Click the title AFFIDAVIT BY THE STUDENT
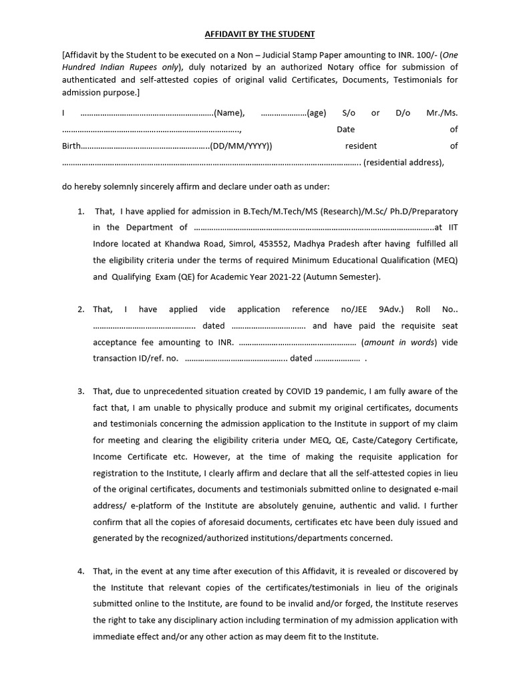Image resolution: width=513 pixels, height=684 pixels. pyautogui.click(x=256, y=33)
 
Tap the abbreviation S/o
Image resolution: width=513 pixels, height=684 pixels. pyautogui.click(x=349, y=113)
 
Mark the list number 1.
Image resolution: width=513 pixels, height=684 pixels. pyautogui.click(x=81, y=212)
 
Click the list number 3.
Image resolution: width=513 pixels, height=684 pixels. pyautogui.click(x=81, y=391)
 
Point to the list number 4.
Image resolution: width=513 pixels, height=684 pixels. pyautogui.click(x=81, y=572)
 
